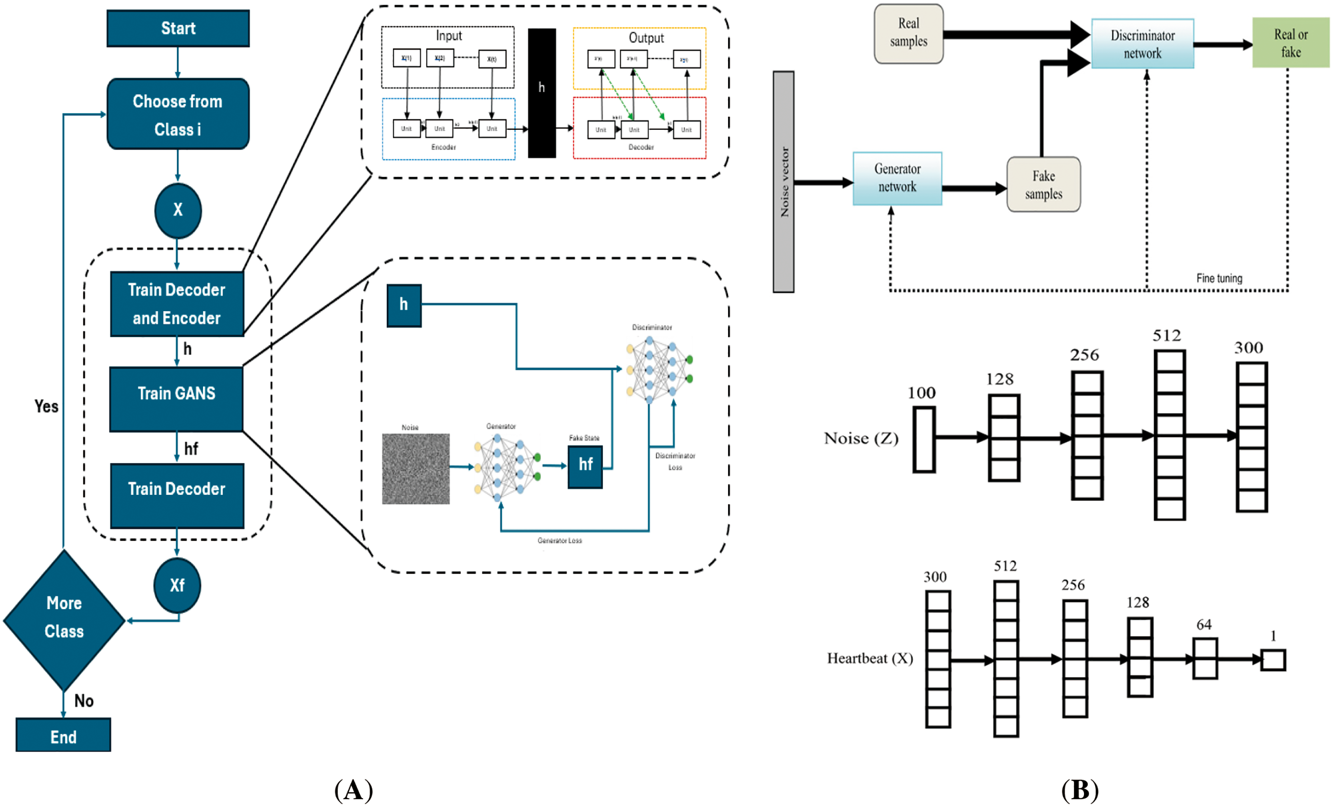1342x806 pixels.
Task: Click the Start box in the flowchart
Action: tap(177, 28)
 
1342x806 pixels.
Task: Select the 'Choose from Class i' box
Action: tap(177, 114)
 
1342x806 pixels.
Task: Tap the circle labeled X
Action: tap(177, 210)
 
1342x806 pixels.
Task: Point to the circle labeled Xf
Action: tap(177, 585)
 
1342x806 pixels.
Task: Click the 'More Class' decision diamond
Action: tap(64, 620)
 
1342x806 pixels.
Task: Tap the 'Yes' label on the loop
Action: tap(46, 406)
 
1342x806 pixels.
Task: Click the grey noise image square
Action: tap(415, 468)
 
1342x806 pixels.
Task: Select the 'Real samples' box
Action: tap(908, 34)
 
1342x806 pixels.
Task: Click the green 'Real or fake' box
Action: tap(1290, 42)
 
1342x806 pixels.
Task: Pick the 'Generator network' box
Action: tap(897, 178)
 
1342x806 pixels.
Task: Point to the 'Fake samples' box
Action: tap(1043, 184)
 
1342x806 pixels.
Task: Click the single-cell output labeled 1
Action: tap(1272, 660)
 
